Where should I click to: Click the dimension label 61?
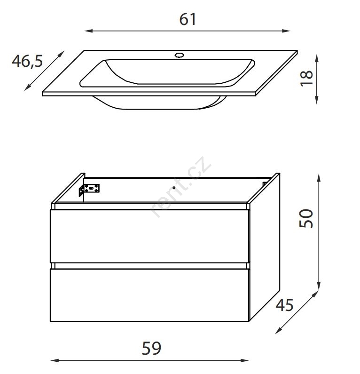(188, 19)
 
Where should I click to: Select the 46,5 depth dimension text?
(27, 61)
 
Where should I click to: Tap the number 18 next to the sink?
(306, 78)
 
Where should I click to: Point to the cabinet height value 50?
(306, 218)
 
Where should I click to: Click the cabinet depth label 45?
(284, 305)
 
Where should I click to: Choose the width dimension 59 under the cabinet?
(151, 348)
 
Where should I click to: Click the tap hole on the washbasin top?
(179, 56)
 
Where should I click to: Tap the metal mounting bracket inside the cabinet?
(89, 190)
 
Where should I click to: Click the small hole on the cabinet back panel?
(174, 188)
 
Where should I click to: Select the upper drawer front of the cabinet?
(149, 236)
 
